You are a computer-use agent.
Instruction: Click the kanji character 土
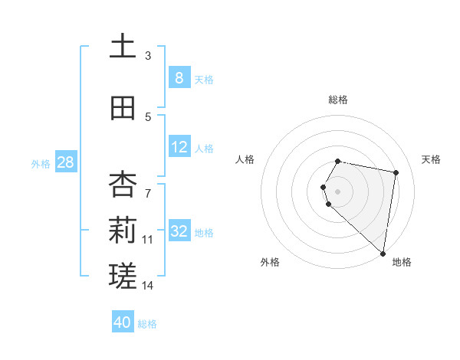(123, 47)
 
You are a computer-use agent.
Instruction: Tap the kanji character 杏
(123, 183)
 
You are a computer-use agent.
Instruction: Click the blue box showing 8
(179, 77)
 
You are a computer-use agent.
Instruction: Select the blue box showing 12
(179, 147)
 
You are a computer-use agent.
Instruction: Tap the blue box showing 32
(179, 231)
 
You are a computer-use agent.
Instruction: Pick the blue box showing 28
(65, 162)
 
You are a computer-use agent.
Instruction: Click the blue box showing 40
(123, 322)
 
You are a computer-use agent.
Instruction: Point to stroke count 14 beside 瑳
(148, 286)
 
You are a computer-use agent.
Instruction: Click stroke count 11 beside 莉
(148, 239)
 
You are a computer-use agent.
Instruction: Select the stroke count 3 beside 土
(148, 56)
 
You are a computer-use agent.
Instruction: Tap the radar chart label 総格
(338, 100)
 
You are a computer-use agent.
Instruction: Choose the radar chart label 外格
(270, 262)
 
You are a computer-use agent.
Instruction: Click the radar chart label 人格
(245, 159)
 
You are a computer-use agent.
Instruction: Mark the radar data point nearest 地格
(383, 254)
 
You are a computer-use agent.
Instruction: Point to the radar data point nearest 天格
(396, 172)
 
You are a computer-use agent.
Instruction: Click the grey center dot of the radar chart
(338, 191)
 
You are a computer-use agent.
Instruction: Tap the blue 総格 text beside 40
(147, 324)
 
